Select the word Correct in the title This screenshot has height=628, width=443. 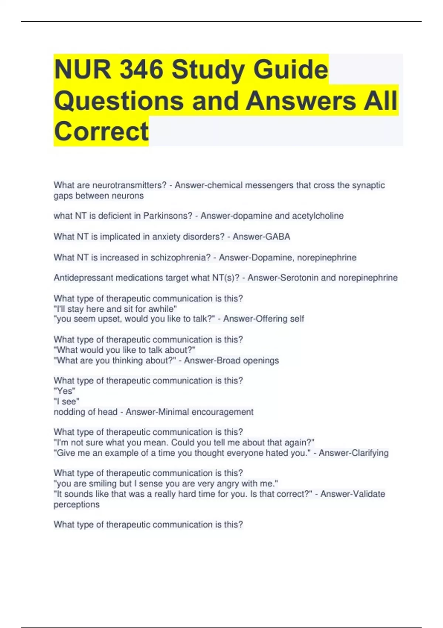tap(101, 131)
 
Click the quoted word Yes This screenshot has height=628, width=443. tap(65, 391)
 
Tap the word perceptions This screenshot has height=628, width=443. tap(76, 505)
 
